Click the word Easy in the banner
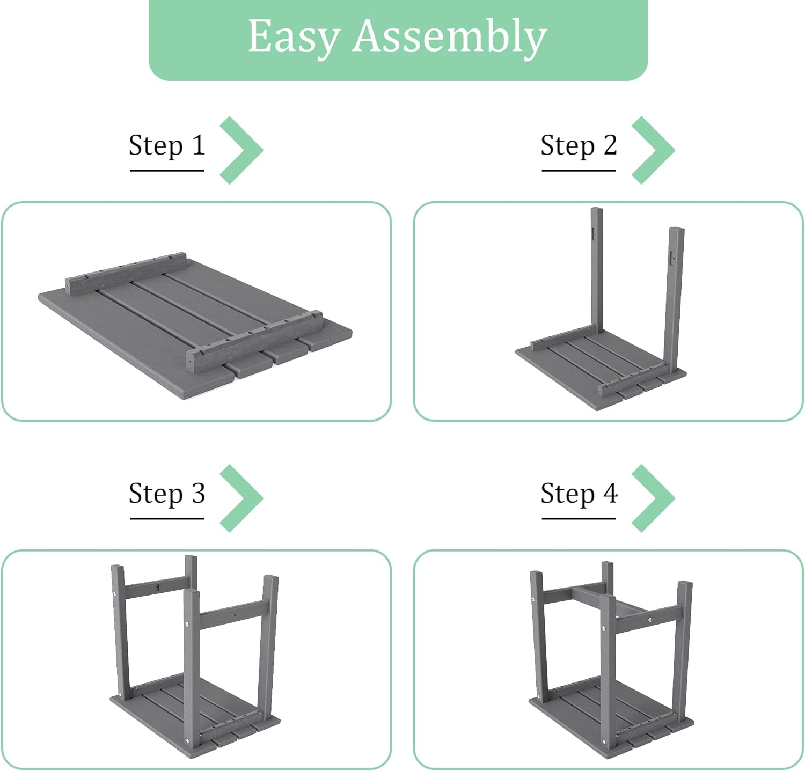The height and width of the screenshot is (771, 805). [x=294, y=36]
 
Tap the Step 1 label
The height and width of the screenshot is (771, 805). [x=167, y=146]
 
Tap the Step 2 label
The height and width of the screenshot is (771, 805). [x=579, y=146]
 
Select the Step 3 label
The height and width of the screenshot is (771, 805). [x=167, y=494]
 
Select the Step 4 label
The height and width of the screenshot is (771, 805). [x=579, y=494]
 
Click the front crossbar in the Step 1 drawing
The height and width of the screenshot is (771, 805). [x=255, y=341]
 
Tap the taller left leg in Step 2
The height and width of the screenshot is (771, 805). [x=597, y=270]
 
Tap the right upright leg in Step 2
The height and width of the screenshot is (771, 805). [x=674, y=298]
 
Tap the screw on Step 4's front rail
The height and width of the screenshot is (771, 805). [x=650, y=620]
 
